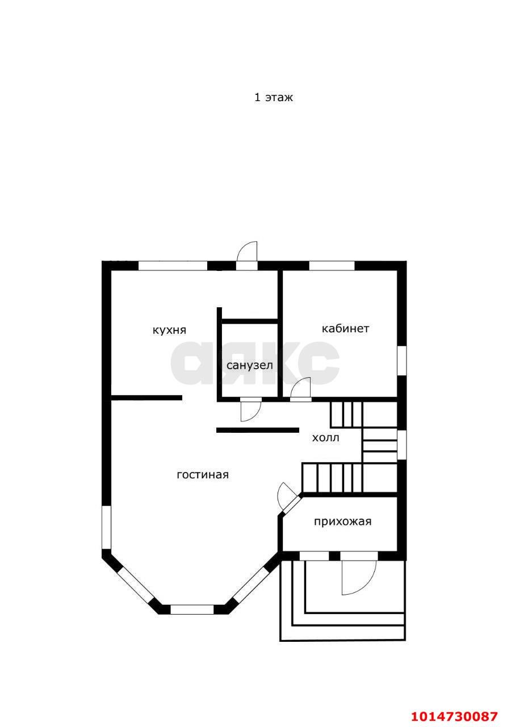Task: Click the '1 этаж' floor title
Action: (x=273, y=97)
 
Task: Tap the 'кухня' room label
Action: (x=169, y=330)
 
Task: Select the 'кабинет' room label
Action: (x=345, y=328)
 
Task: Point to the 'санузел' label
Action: (x=249, y=365)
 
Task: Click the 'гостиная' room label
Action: (x=203, y=475)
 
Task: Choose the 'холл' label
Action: (x=325, y=438)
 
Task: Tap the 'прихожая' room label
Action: (x=342, y=521)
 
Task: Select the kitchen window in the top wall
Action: (x=173, y=266)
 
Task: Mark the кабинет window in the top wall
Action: (x=332, y=266)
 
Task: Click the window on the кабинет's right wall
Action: (x=401, y=361)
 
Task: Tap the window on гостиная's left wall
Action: (x=106, y=528)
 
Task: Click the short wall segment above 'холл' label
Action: (x=258, y=430)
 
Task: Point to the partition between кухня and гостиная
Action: (x=146, y=398)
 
